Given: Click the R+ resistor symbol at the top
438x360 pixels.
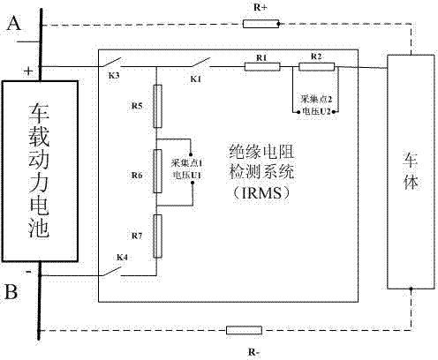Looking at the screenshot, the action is [261, 24].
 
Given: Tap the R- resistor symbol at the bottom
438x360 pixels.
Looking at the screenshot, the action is [244, 330].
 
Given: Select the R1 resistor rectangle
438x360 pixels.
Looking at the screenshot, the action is [262, 67].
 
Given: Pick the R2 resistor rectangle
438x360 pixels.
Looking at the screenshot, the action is [317, 67].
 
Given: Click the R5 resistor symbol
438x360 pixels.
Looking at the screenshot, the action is [158, 106].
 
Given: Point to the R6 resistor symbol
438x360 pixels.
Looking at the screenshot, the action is [158, 171].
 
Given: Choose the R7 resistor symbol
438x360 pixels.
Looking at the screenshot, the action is [158, 236].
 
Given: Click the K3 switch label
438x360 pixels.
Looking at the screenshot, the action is [114, 76].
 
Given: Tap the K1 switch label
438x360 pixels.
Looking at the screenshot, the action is [196, 79].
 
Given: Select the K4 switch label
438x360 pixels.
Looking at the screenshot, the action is [122, 258].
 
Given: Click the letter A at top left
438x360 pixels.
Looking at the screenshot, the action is [14, 23].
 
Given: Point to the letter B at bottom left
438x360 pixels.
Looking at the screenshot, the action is [11, 292].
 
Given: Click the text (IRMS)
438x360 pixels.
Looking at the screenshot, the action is [261, 193].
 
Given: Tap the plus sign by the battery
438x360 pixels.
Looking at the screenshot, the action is [28, 71].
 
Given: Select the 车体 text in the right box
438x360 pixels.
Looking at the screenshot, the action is [411, 171].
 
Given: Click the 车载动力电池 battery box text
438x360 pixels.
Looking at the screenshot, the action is [39, 170].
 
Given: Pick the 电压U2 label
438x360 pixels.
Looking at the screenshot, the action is [317, 111].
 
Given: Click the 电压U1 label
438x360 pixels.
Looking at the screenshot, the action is [187, 176].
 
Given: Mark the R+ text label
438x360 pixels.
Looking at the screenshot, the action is [261, 8].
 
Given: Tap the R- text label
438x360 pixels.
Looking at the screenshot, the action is [254, 352].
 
